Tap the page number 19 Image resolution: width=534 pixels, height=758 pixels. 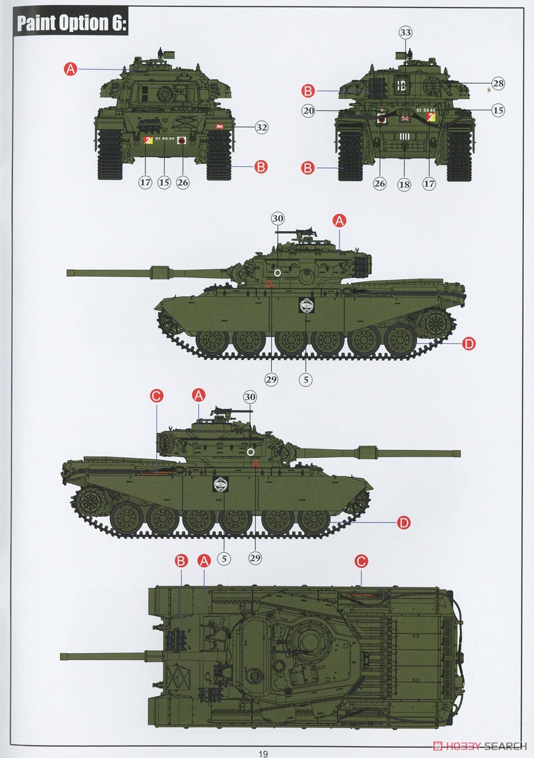pyautogui.click(x=264, y=753)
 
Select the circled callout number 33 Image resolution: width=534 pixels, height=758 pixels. pyautogui.click(x=405, y=32)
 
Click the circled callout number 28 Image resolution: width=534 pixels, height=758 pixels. pyautogui.click(x=497, y=83)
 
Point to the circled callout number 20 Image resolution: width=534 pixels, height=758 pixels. pyautogui.click(x=308, y=111)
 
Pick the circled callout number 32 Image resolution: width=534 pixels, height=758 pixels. pyautogui.click(x=261, y=127)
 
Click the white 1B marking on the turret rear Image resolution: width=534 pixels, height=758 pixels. pyautogui.click(x=402, y=87)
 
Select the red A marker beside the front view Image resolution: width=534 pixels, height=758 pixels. pyautogui.click(x=71, y=69)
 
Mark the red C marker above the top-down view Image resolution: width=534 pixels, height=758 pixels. pyautogui.click(x=361, y=561)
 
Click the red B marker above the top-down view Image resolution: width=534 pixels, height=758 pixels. pyautogui.click(x=181, y=560)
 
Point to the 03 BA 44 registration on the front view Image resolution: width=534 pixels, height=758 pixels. pyautogui.click(x=165, y=137)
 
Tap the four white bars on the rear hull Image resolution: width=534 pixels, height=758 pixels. pyautogui.click(x=404, y=136)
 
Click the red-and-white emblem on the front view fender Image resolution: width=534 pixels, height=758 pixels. pyautogui.click(x=221, y=126)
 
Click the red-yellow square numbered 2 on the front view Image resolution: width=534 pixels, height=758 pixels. pyautogui.click(x=149, y=140)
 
